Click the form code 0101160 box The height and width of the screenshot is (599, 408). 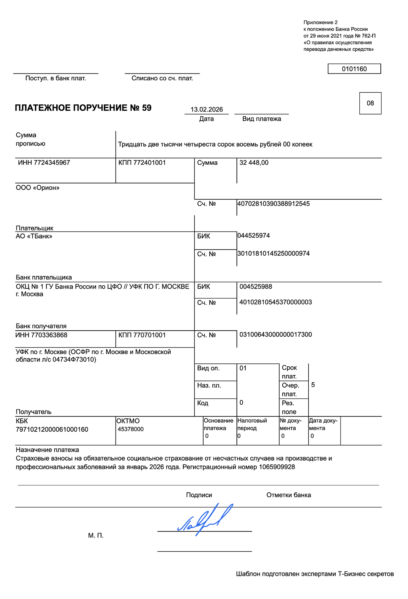pos(354,69)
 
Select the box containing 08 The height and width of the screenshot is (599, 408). pos(370,103)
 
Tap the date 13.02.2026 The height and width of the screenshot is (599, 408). pos(206,109)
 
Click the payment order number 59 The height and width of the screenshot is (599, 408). pos(147,108)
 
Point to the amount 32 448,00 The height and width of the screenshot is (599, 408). pos(254,163)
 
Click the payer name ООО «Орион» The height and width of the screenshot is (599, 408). pos(37,188)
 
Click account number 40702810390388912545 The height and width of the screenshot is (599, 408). pos(273,204)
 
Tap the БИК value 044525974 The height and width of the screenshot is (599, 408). pos(253,236)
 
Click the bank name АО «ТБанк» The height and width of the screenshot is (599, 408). pos(34,236)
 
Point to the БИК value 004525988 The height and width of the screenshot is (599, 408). pos(256,287)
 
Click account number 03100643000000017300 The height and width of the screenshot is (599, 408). pos(275,335)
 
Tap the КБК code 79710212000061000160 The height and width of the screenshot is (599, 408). pos(52,430)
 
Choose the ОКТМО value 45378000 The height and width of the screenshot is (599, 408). pos(130,429)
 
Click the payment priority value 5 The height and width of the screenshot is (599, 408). pos(313,385)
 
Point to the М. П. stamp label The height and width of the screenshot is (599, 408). pos(96,535)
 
